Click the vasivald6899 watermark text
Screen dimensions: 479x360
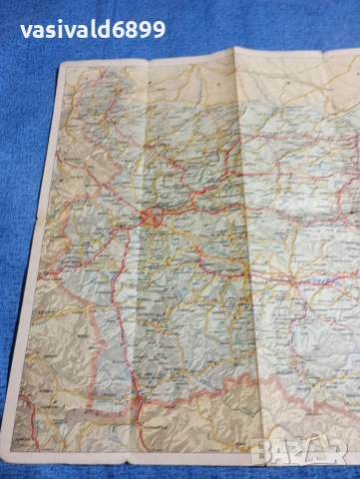coord(93,29)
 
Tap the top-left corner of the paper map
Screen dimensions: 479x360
coord(62,66)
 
